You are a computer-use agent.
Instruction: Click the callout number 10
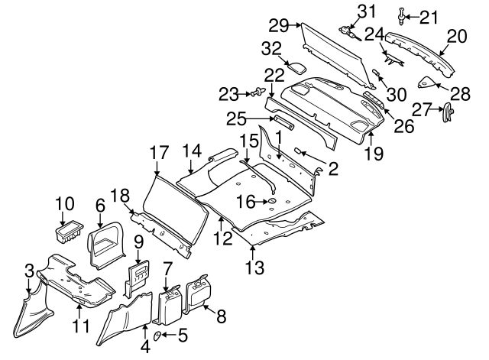(64, 204)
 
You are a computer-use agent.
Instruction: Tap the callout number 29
(278, 26)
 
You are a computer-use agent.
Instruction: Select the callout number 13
(254, 267)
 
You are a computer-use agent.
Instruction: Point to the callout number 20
(456, 35)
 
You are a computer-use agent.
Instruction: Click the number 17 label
(158, 152)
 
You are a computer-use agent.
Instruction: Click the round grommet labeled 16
(269, 203)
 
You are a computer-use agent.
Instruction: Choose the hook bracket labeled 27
(447, 113)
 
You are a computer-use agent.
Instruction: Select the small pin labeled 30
(377, 73)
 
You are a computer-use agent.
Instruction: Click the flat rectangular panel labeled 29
(336, 54)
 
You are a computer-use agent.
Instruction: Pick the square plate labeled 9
(138, 275)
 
